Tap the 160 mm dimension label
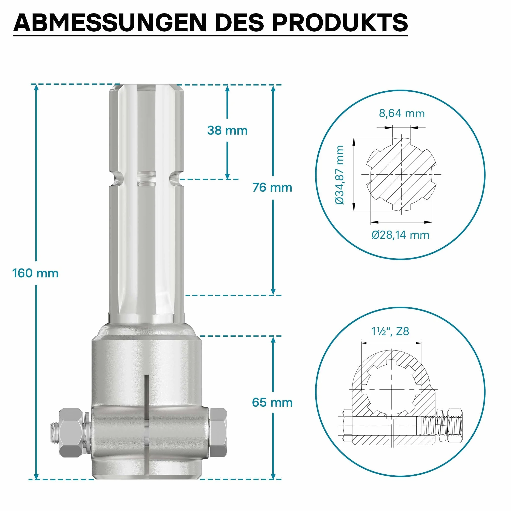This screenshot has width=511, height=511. [35, 273]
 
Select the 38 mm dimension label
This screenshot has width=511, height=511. [228, 130]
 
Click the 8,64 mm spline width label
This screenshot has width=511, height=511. [402, 113]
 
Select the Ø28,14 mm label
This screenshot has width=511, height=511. [401, 235]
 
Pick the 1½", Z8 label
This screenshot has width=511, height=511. [390, 331]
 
